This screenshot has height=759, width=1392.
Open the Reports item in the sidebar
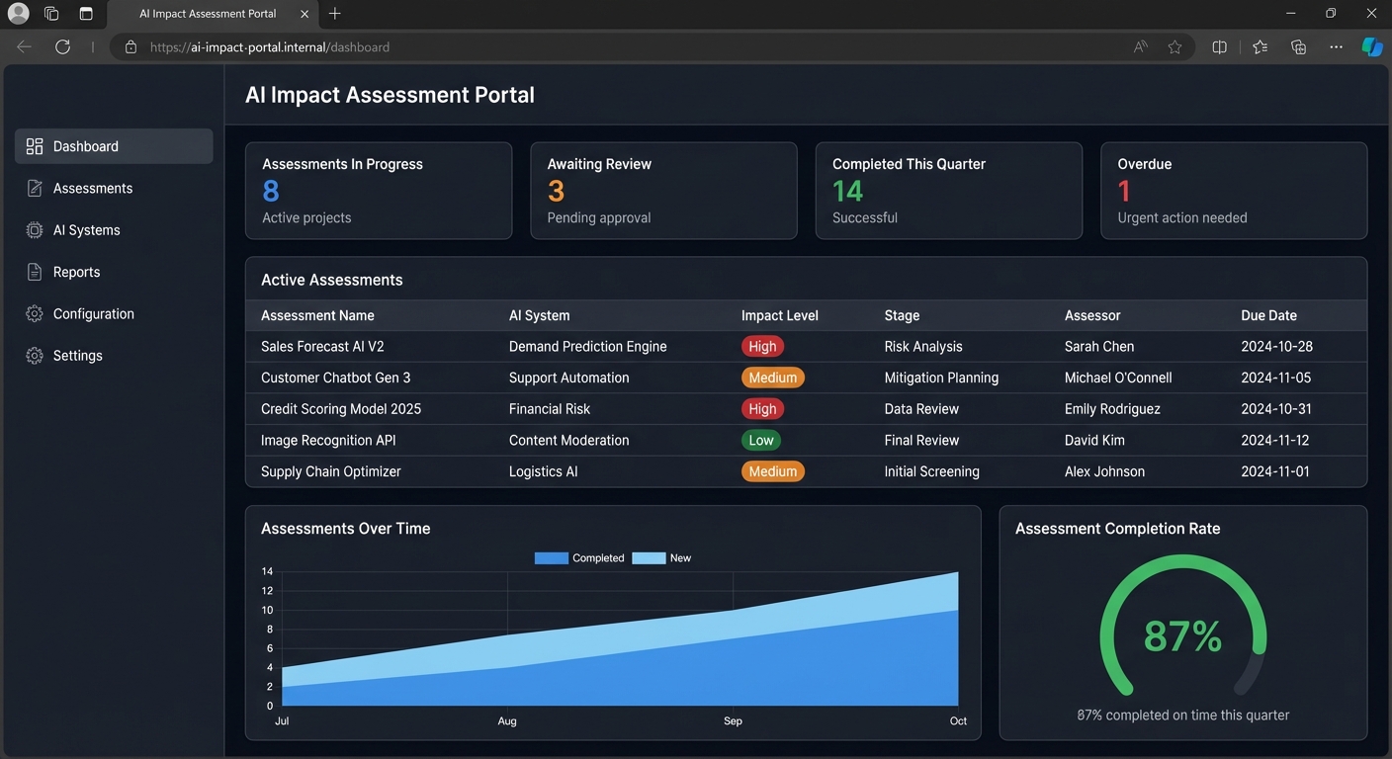[x=76, y=272]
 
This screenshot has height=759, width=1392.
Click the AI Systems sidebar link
[x=86, y=230]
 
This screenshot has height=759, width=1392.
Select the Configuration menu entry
[x=93, y=314]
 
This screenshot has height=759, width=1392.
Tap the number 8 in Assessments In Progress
[x=271, y=191]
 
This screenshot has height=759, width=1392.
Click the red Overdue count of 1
[x=1124, y=191]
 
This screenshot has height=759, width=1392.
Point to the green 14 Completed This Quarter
[x=847, y=191]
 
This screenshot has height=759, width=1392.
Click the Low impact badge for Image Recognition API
[x=761, y=441]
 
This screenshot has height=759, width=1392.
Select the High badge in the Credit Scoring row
[x=762, y=409]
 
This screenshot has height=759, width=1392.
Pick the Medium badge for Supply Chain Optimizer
[x=772, y=472]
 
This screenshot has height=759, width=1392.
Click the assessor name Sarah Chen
[x=1099, y=347]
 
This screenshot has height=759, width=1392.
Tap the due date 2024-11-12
[x=1274, y=441]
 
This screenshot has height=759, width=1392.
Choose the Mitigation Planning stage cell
[x=941, y=378]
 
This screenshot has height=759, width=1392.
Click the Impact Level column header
[x=779, y=316]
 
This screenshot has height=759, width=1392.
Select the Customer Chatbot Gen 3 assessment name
[x=335, y=378]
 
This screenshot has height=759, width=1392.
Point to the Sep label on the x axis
[x=733, y=721]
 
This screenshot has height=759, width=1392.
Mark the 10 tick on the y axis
[x=267, y=610]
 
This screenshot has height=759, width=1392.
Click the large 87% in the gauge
[x=1182, y=636]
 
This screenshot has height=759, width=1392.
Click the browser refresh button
[x=62, y=46]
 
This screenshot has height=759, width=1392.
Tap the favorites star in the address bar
[x=1174, y=46]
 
